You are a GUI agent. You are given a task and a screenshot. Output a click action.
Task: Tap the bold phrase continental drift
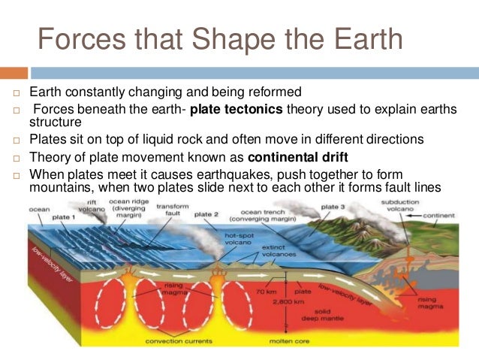[x=297, y=158]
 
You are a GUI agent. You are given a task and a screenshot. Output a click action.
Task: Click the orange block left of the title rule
[x=14, y=73]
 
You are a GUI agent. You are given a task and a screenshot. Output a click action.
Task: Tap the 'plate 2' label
[x=206, y=215]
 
